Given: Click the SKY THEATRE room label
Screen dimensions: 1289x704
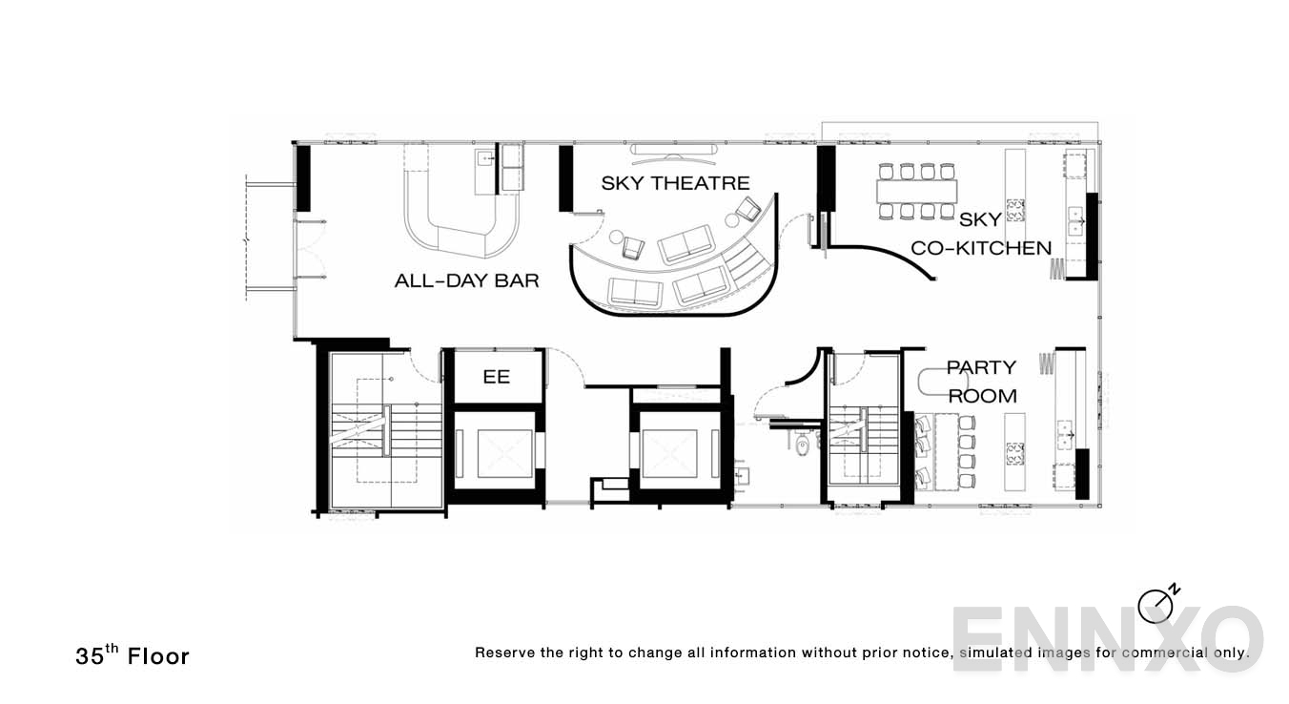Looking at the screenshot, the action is (676, 183).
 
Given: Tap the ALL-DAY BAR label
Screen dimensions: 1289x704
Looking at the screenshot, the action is (466, 280).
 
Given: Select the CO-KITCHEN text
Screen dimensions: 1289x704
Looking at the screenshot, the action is (981, 248).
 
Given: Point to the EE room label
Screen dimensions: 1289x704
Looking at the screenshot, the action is (496, 377).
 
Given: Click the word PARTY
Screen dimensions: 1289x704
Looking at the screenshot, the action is (982, 367).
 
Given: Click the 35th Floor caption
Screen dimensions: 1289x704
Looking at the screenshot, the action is (133, 655).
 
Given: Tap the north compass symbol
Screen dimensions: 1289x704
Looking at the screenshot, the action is (1157, 605).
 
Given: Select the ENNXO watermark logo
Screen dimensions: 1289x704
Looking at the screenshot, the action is (1107, 639).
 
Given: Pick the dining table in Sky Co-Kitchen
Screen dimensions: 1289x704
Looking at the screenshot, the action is (916, 191).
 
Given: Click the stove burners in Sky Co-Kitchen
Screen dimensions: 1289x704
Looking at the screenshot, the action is (1015, 210).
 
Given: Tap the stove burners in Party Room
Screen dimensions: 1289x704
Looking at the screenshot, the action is (1014, 454).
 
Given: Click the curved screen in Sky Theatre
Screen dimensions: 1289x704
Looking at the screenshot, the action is (674, 151).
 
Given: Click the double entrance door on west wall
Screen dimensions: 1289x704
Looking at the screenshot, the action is (310, 249).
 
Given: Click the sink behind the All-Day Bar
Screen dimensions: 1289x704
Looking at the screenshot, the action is (486, 157).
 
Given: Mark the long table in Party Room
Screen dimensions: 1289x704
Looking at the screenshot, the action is (947, 450).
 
